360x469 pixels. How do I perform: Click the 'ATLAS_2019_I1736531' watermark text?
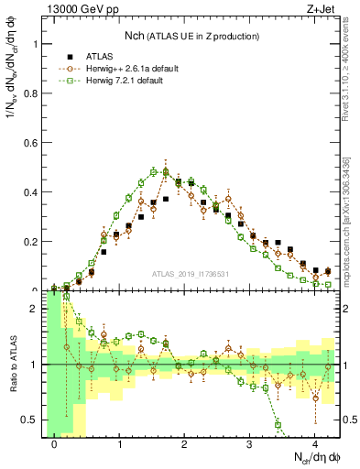(191, 274)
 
